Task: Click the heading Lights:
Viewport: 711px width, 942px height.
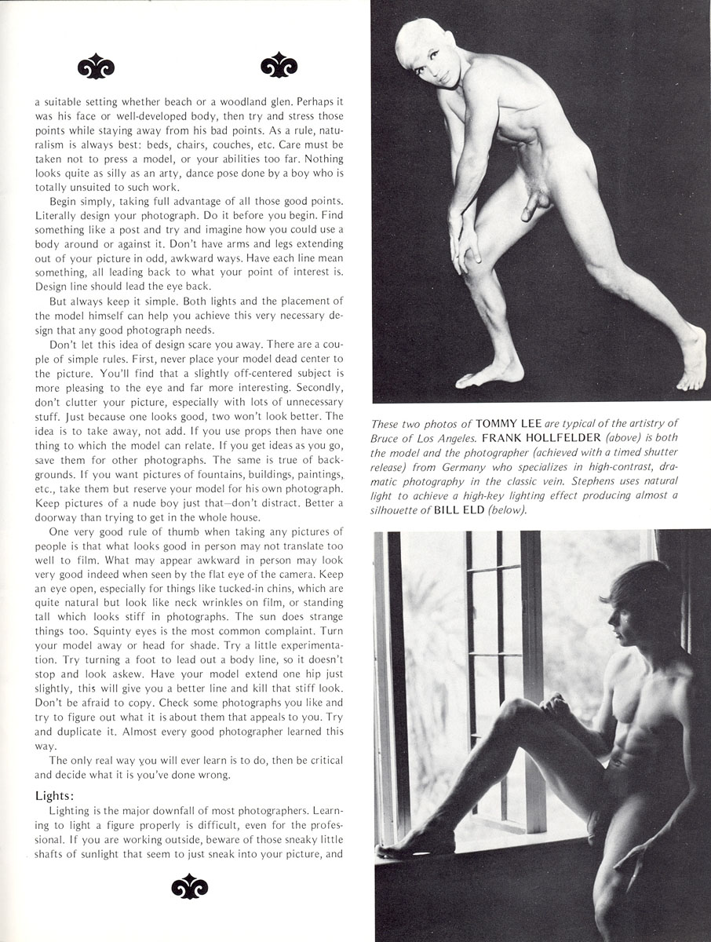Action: click(53, 795)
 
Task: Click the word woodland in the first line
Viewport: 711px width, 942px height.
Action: click(269, 101)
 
